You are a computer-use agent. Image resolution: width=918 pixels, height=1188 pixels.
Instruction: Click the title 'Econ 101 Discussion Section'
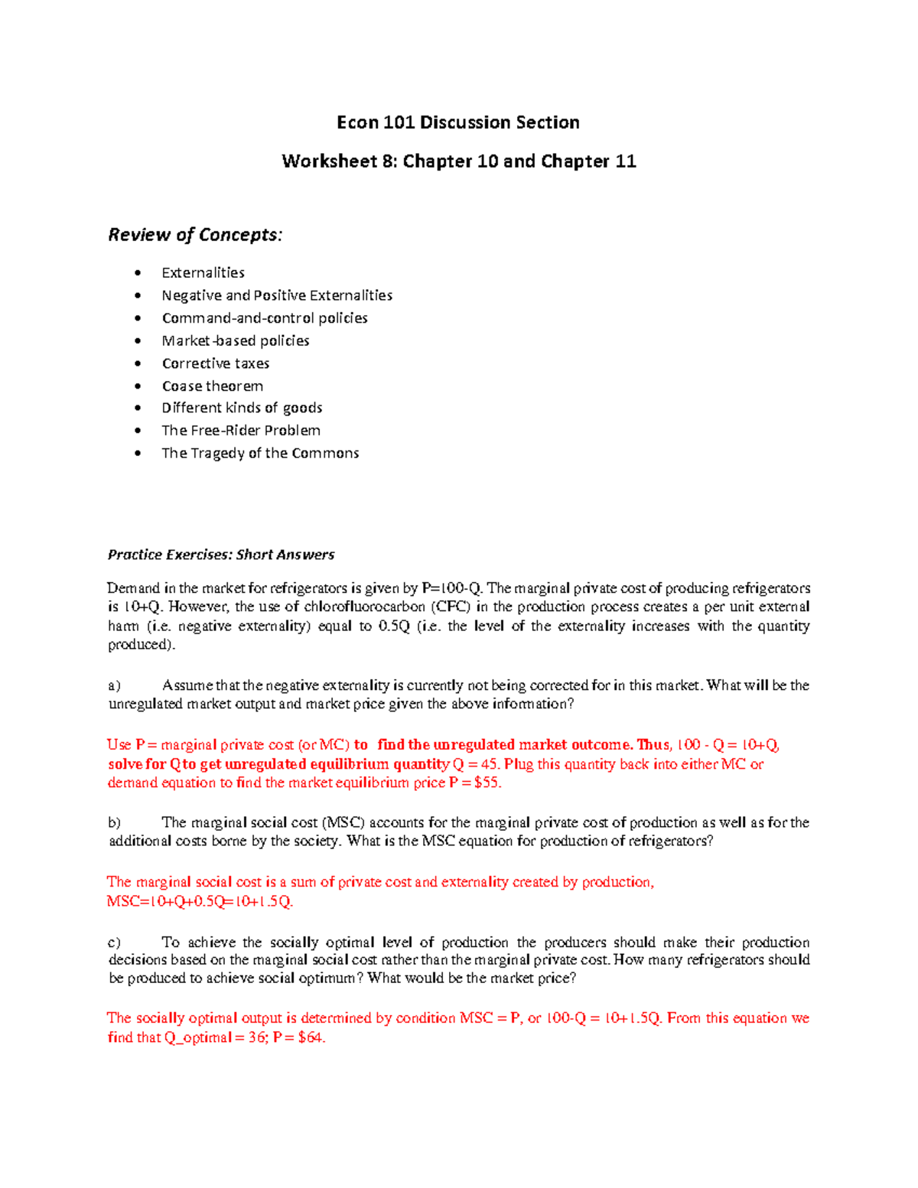(x=458, y=122)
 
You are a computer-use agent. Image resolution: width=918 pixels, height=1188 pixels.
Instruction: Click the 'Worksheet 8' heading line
(x=458, y=161)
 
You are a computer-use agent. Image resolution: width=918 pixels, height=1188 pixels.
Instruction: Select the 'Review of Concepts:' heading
(x=195, y=235)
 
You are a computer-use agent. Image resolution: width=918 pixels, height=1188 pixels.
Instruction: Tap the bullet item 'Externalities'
(x=203, y=273)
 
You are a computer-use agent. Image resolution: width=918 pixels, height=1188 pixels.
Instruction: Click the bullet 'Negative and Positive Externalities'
(x=277, y=295)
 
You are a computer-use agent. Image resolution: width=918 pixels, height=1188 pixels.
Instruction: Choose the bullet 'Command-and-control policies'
(x=265, y=318)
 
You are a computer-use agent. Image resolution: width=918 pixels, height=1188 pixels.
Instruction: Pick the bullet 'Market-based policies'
(x=236, y=341)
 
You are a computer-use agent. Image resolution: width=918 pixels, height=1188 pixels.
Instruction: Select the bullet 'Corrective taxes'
(x=215, y=363)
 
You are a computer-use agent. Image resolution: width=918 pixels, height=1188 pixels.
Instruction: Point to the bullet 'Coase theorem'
(x=212, y=386)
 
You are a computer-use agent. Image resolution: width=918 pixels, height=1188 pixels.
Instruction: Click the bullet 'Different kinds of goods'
(x=242, y=408)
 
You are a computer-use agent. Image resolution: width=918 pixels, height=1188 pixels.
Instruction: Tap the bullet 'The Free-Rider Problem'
(x=241, y=431)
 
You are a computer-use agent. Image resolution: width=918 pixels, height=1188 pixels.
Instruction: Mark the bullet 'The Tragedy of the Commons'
(x=260, y=454)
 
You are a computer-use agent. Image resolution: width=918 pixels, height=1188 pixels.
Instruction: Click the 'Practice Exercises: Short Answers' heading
(x=221, y=555)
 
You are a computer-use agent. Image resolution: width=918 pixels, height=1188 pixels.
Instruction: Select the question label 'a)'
(x=114, y=686)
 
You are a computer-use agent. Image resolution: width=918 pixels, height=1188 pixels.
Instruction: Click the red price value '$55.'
(x=487, y=783)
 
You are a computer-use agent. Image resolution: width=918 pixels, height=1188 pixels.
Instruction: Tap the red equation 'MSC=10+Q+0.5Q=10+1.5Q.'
(x=200, y=902)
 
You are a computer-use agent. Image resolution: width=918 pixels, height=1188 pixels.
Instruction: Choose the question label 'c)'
(x=114, y=942)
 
